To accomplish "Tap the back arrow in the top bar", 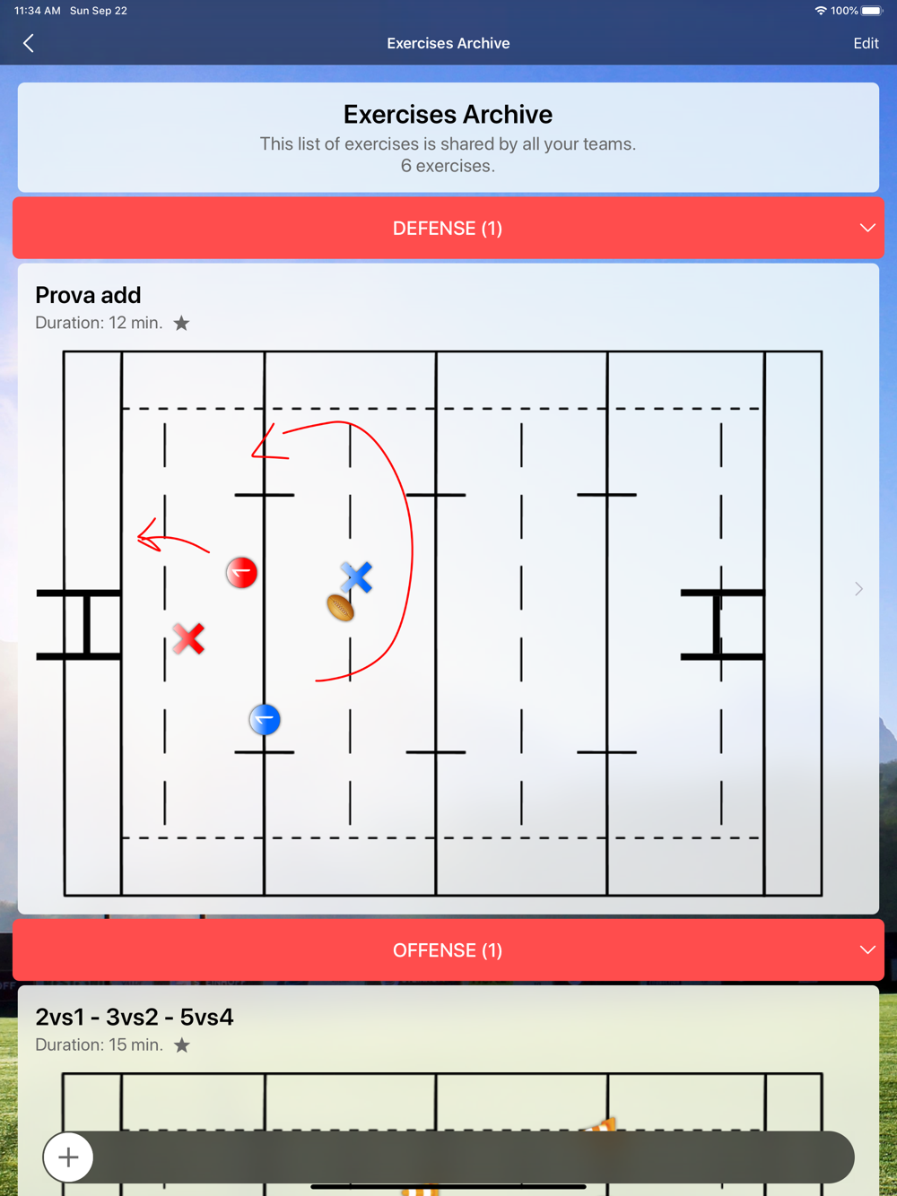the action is (x=29, y=43).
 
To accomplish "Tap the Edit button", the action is (x=866, y=43).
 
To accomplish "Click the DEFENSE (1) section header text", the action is (x=448, y=229).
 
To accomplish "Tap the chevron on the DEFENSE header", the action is (x=867, y=228).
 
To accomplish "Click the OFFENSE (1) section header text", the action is (x=448, y=950).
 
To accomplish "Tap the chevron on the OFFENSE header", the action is (x=867, y=950).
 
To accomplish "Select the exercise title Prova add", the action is (x=88, y=295).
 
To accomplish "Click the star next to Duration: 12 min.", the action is (x=181, y=323).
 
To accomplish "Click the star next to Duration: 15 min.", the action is (x=182, y=1045).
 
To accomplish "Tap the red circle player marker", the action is (x=241, y=573).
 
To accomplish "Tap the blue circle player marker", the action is (x=265, y=720).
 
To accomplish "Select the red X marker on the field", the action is (x=188, y=638).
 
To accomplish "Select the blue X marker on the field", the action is (x=356, y=577).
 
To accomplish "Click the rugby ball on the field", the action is (x=341, y=608).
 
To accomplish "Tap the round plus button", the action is (x=68, y=1157).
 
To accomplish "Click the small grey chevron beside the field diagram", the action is (x=858, y=588).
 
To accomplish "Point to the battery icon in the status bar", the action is (x=871, y=11).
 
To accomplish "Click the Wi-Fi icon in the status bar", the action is (x=820, y=11).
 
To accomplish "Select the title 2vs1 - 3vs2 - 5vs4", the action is (x=135, y=1017).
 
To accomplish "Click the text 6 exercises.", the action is (x=448, y=166).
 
